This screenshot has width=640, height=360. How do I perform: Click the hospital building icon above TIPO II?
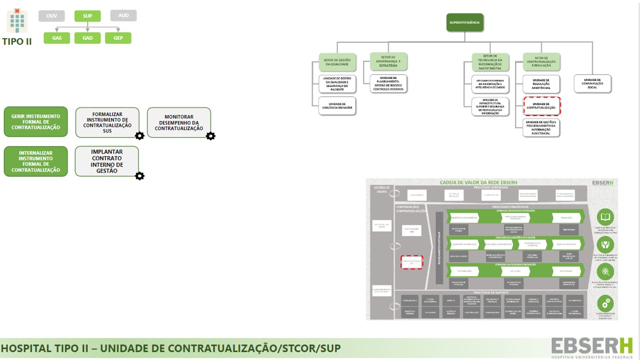pos(17,20)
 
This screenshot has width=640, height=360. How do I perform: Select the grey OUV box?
pos(51,16)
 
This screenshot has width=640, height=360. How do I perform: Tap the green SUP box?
pos(87,16)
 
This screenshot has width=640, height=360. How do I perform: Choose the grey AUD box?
pos(123,15)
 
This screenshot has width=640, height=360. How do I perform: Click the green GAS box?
pos(57,38)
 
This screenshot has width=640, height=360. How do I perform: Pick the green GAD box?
pos(87,38)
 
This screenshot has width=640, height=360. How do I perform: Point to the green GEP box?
pos(118,38)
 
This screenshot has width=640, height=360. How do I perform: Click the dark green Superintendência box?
pos(465,23)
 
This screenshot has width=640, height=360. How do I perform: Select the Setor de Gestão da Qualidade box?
pos(337,61)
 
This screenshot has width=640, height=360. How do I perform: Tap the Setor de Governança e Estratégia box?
pos(388,61)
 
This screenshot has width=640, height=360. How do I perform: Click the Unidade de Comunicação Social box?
pos(592,83)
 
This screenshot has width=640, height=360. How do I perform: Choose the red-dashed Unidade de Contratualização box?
pos(541,106)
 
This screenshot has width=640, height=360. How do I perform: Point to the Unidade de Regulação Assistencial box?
pos(541,83)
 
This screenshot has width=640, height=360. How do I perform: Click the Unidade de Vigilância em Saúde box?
pos(337,105)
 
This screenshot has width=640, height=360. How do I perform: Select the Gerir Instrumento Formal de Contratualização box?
pos(36,121)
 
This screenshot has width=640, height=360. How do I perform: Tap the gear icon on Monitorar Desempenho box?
pos(210,136)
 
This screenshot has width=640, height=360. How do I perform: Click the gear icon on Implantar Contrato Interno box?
pos(139,176)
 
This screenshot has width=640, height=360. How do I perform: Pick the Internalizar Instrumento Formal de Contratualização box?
pos(36,161)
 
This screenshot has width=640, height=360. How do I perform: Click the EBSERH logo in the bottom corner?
pos(591,346)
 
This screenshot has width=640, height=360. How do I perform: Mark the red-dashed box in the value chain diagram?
pos(411,262)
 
